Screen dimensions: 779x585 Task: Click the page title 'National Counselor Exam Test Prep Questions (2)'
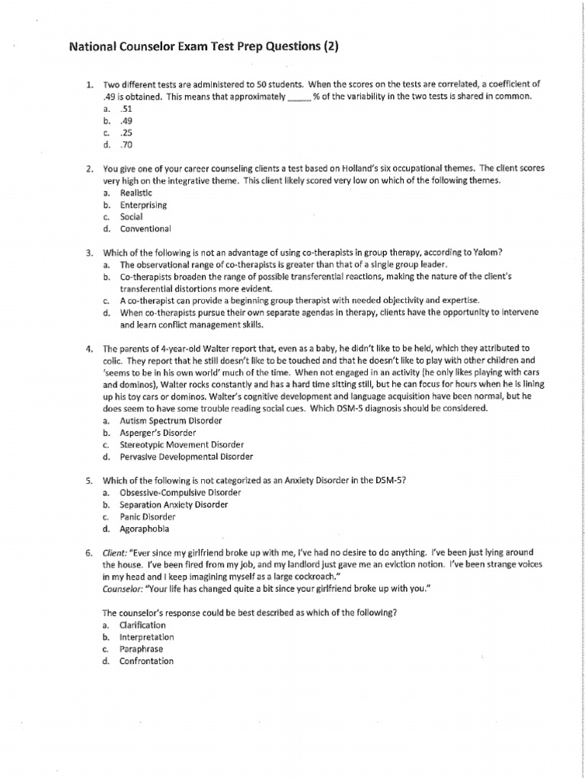(x=203, y=47)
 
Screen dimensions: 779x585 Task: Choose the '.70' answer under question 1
(x=126, y=145)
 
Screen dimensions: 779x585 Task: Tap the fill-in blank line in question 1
(x=298, y=99)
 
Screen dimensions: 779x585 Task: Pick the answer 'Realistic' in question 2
(x=136, y=193)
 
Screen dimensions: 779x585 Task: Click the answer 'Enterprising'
(x=143, y=205)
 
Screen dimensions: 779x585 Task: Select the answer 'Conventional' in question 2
(x=145, y=228)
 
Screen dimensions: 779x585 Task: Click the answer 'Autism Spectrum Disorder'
(x=171, y=420)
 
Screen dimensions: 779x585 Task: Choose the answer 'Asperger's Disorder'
(x=158, y=432)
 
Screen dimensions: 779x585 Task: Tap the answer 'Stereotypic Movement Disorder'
(x=181, y=444)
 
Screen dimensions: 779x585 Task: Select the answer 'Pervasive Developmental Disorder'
(x=186, y=456)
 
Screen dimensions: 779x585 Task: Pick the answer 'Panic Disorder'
(x=149, y=517)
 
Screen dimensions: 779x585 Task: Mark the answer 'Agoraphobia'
(x=145, y=528)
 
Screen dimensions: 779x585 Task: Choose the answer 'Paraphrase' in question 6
(x=141, y=649)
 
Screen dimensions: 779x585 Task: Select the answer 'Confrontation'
(x=146, y=661)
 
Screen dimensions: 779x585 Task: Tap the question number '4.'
(x=89, y=348)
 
